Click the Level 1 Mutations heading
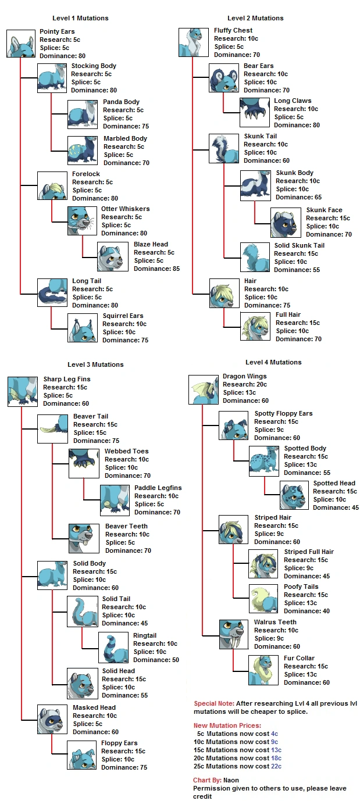point(80,18)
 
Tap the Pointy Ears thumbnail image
point(21,44)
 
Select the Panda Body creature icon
point(82,114)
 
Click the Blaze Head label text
point(151,244)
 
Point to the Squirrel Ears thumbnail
point(82,328)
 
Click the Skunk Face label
point(324,210)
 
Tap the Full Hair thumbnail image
point(255,326)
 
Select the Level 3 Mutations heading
point(95,364)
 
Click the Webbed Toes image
point(84,463)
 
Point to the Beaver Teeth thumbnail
point(84,538)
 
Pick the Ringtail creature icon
point(113,647)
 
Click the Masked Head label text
point(94,707)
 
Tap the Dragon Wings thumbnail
point(203,389)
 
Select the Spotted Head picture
point(294,495)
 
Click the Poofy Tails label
point(301,587)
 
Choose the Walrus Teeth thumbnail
point(233,634)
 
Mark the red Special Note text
point(213,703)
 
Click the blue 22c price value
point(276,766)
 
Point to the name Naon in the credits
point(231,780)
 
